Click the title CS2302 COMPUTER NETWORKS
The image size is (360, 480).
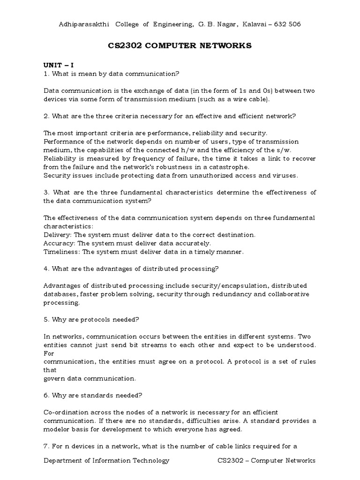pos(180,45)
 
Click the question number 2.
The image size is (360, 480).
pos(46,116)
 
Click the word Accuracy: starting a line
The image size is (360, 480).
pos(60,243)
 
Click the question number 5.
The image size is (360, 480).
pos(46,319)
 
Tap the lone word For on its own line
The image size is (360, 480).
pos(49,353)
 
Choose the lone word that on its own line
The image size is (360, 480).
pos(50,370)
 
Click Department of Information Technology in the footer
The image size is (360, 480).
pos(106,460)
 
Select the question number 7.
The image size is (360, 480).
pos(46,446)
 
